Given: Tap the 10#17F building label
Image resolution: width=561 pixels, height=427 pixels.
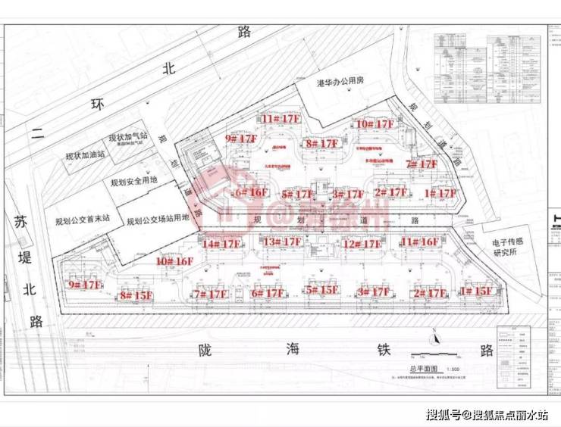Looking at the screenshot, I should (x=375, y=123).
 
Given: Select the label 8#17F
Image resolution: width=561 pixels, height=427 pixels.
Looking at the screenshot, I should (x=321, y=143).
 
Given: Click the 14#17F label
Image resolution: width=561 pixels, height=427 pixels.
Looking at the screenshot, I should (x=221, y=243).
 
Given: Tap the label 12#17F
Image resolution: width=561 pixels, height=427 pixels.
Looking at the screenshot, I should (x=361, y=244).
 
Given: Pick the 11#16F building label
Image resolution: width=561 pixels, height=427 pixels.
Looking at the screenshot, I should (x=419, y=242).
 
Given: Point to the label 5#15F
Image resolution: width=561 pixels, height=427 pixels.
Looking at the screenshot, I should (x=321, y=290).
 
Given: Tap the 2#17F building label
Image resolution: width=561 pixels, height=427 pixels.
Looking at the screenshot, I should (x=428, y=293).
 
